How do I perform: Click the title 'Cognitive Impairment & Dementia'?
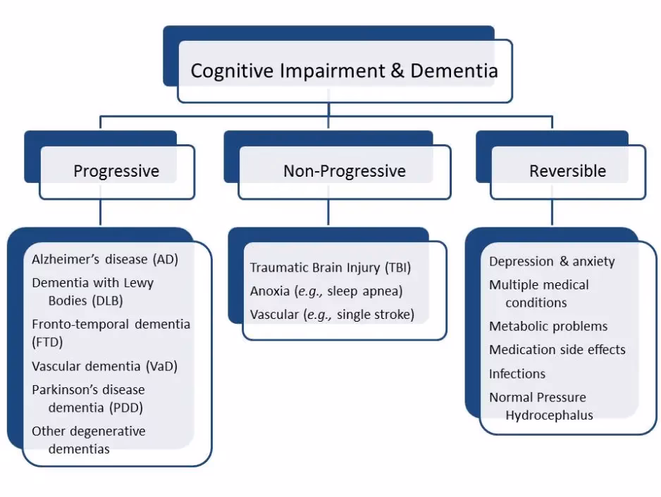(x=344, y=71)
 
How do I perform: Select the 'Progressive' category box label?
(x=116, y=171)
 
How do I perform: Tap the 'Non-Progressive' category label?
(x=344, y=171)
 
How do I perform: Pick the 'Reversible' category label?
(x=567, y=171)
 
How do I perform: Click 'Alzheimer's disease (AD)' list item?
(x=105, y=259)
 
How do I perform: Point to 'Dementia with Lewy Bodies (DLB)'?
(x=92, y=291)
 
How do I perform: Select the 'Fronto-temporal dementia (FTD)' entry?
(x=111, y=333)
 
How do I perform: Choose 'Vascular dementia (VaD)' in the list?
(x=104, y=366)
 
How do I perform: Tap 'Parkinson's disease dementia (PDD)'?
(x=88, y=398)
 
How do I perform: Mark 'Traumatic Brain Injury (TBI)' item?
(x=330, y=268)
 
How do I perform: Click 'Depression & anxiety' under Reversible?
(x=552, y=261)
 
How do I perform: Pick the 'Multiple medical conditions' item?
(x=539, y=294)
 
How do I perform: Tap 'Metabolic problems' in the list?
(x=548, y=327)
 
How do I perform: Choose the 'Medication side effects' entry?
(x=557, y=350)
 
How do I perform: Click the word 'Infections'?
(x=517, y=373)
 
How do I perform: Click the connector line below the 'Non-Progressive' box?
(x=328, y=213)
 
